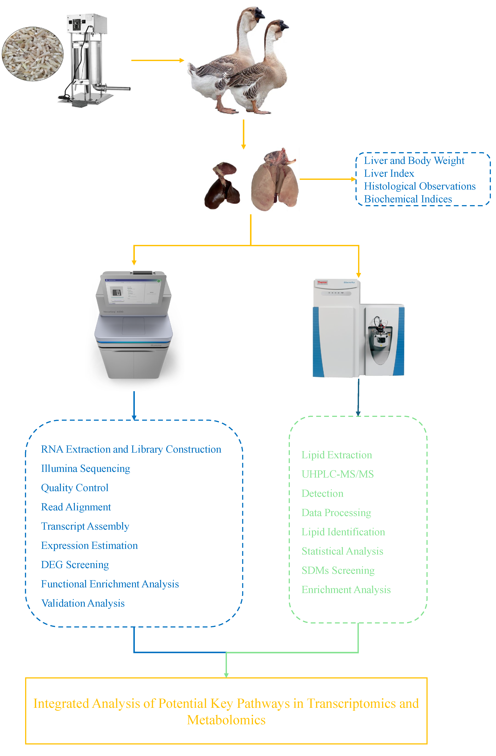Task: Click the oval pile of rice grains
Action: [33, 54]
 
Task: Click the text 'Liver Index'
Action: [389, 173]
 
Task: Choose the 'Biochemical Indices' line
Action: [408, 199]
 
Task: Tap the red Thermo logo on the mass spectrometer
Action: [322, 282]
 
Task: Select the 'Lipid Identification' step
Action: [343, 532]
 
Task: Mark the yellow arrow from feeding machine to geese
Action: [158, 60]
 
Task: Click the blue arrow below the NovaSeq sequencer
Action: [134, 406]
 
